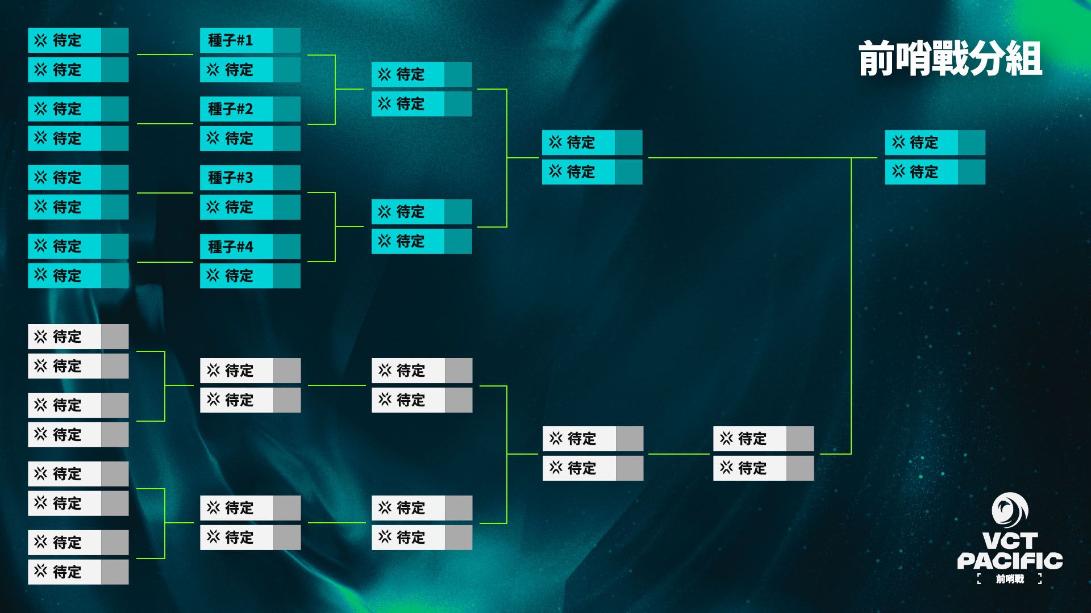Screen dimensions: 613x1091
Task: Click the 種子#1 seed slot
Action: [x=236, y=41]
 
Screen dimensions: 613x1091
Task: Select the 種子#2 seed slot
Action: [x=236, y=109]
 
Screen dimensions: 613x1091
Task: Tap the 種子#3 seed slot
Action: [x=236, y=178]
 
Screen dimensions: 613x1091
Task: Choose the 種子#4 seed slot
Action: [x=236, y=247]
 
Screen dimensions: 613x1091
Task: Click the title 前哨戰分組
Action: [x=950, y=58]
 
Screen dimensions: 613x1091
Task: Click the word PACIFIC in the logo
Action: [x=1010, y=561]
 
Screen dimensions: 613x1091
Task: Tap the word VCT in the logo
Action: [x=1010, y=541]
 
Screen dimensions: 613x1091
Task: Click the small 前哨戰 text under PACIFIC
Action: [x=1010, y=579]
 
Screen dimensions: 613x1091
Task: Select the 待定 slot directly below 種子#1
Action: [x=236, y=70]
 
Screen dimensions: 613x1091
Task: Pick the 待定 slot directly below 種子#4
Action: [x=236, y=276]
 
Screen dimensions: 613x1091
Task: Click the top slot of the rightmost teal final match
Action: [x=921, y=142]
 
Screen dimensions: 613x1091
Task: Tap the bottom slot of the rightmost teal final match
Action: [x=921, y=172]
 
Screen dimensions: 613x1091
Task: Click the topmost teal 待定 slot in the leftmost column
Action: [x=65, y=41]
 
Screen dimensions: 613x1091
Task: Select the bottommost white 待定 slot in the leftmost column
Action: [x=65, y=572]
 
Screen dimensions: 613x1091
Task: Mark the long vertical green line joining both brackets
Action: [x=851, y=306]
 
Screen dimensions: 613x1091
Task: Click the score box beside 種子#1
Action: [x=286, y=41]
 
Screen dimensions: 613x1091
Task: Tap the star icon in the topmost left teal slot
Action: [x=40, y=40]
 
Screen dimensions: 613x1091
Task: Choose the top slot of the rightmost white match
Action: [x=749, y=439]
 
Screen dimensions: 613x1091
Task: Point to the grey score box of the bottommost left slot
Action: [x=115, y=572]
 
